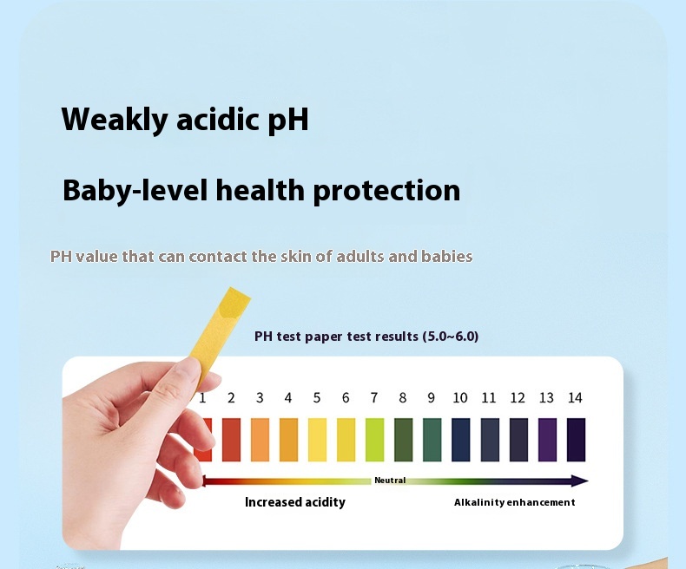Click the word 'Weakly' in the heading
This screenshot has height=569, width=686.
(115, 119)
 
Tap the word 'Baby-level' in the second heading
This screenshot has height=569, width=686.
(135, 191)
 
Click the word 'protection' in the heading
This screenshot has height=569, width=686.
(386, 191)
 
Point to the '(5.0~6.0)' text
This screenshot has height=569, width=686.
(451, 336)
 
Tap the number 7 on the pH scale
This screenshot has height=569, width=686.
(374, 397)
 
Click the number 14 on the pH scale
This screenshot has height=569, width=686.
(575, 397)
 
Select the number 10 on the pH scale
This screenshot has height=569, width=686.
(460, 397)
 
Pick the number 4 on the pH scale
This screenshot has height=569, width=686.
(288, 397)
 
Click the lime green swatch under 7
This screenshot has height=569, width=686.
(374, 440)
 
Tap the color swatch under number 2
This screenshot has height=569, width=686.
(231, 440)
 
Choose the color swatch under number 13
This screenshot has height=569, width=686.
(547, 440)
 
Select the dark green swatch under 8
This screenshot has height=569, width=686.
(404, 440)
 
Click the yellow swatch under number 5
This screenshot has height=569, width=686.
(317, 440)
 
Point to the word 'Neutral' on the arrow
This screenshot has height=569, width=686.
(390, 481)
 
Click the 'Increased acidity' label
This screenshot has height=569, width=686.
(295, 502)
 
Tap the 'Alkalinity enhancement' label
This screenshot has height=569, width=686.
(514, 502)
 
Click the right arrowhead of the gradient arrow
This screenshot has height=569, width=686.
(580, 481)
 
